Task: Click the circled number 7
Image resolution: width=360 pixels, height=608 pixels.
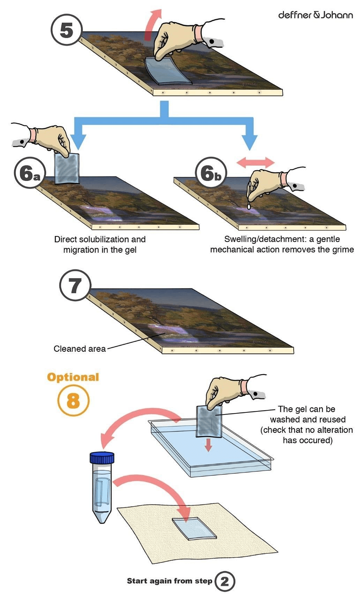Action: [75, 286]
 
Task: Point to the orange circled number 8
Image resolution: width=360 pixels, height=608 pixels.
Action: [73, 401]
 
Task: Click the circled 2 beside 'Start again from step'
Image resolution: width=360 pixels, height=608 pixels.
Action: [225, 581]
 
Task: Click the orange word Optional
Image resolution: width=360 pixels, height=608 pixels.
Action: [73, 377]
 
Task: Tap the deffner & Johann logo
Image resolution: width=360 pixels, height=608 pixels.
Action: [315, 15]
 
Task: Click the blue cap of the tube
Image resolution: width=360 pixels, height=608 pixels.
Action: [102, 457]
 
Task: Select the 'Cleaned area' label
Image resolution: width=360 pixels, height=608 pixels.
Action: [80, 349]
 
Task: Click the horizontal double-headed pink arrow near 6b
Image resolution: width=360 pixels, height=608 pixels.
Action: [255, 162]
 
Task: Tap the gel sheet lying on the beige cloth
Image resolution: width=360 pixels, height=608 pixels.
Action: [194, 529]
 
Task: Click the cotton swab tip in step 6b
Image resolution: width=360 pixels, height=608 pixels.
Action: [249, 206]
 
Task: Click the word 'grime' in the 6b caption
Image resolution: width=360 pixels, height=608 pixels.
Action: [343, 250]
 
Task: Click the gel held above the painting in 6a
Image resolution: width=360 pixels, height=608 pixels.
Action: [68, 169]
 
